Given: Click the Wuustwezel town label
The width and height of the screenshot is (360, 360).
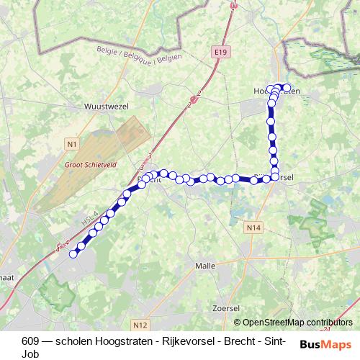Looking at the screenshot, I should [106, 104].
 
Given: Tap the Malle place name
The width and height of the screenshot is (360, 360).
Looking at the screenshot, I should [205, 266].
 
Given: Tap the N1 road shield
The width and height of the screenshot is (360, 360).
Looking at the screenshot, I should [71, 145].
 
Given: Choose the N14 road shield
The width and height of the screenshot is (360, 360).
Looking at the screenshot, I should [252, 228].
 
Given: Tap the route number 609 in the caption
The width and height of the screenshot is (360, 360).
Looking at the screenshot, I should [30, 341].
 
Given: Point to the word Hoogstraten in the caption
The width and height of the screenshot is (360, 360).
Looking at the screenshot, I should [107, 341].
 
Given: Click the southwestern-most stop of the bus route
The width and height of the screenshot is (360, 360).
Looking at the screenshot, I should [73, 253].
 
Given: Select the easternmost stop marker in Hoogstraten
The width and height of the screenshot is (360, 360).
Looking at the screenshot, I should [287, 88].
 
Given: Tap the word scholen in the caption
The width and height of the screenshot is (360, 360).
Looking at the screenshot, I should [62, 341].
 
